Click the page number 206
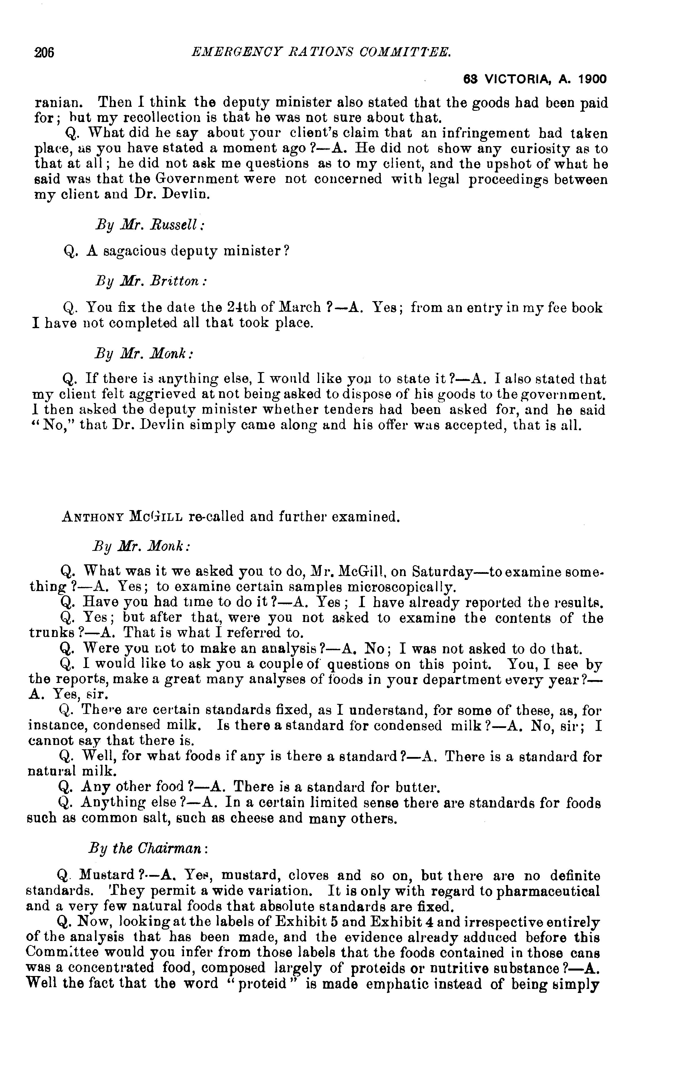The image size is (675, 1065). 44,53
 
